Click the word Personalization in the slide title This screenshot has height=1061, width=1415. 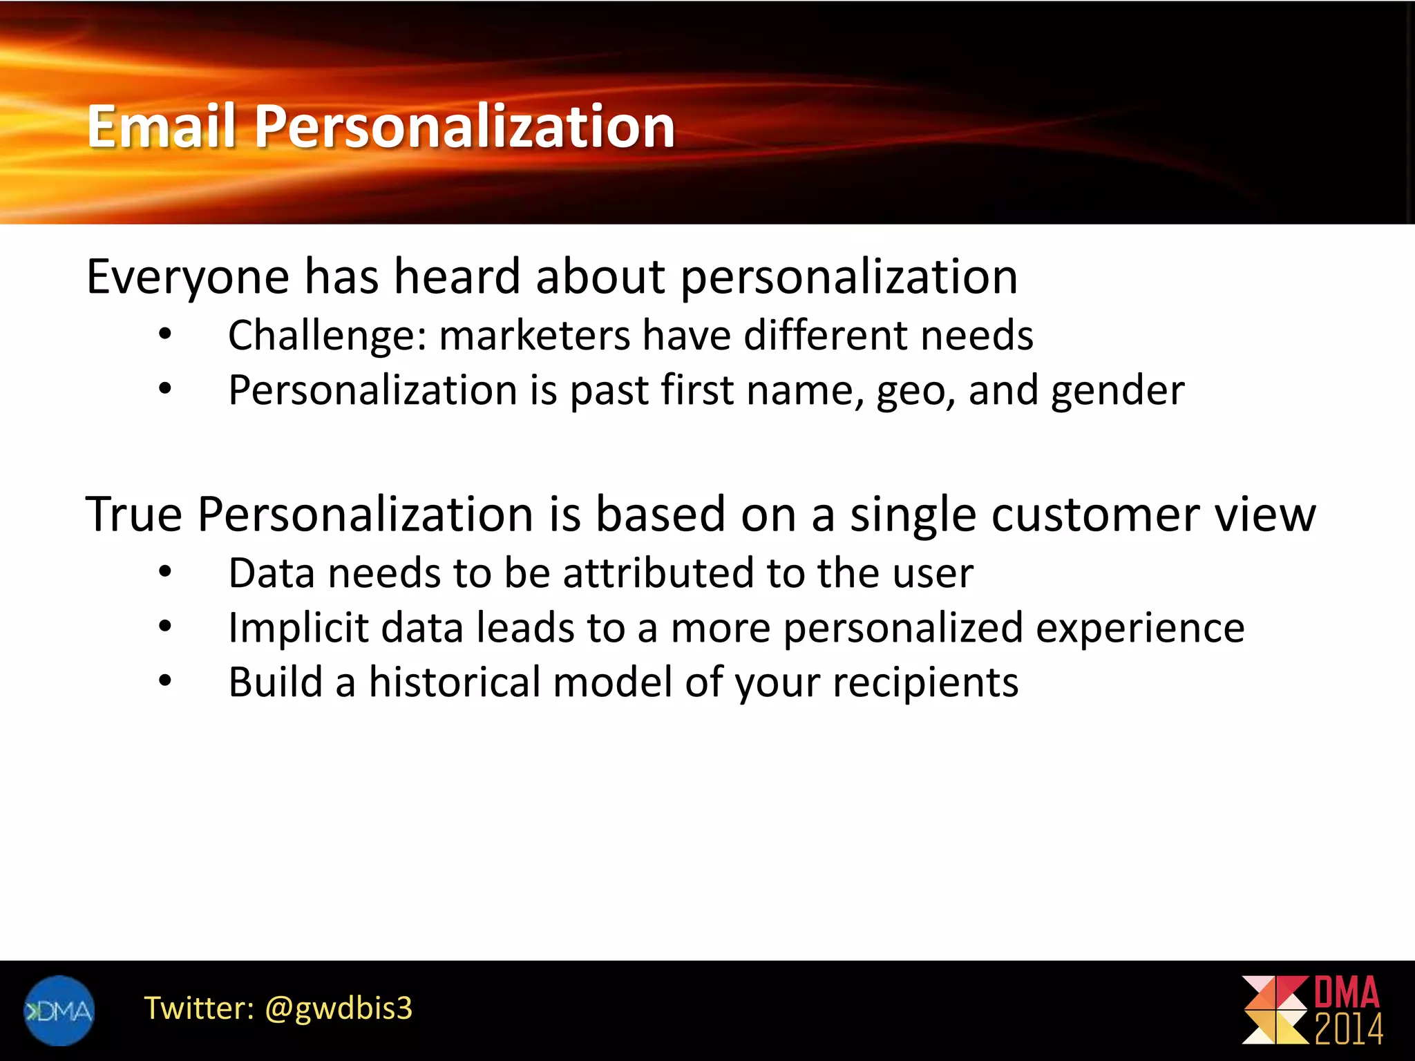click(x=465, y=128)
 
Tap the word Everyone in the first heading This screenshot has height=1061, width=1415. click(x=187, y=277)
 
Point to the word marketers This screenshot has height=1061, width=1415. click(x=534, y=336)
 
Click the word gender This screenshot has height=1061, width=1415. click(x=1117, y=391)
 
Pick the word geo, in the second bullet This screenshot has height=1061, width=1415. click(x=915, y=391)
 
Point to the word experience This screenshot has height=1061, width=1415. click(x=1139, y=629)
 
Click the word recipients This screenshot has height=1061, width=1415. click(x=925, y=684)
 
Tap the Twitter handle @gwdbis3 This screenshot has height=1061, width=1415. click(x=339, y=1008)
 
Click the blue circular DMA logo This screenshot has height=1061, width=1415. click(x=59, y=1011)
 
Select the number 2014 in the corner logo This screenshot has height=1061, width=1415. click(x=1348, y=1030)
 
